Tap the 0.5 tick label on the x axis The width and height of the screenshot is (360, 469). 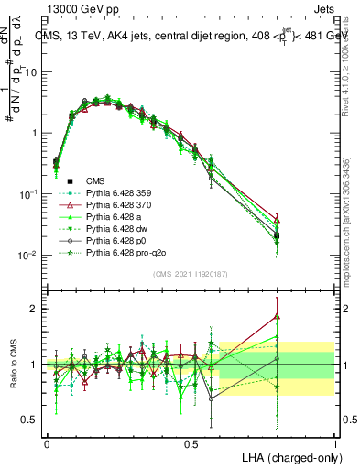click(191, 442)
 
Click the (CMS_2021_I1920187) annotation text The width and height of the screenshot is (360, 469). click(191, 272)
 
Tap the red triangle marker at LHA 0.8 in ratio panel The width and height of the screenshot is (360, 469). click(277, 317)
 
